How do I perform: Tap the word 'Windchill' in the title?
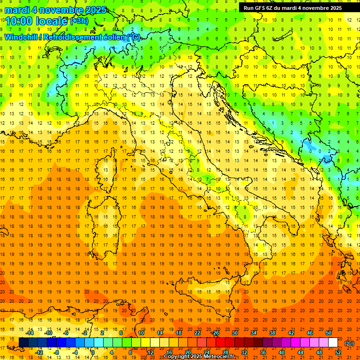[21, 37]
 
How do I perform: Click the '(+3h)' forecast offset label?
[79, 21]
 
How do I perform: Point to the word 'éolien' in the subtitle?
[112, 37]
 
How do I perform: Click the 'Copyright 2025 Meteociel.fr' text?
[199, 357]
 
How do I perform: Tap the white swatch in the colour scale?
[333, 343]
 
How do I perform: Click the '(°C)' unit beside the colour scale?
[349, 343]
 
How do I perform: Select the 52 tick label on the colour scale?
[338, 352]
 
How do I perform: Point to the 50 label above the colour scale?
[329, 333]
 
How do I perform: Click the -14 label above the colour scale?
[30, 333]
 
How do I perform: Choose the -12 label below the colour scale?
[39, 352]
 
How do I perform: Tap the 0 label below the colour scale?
[93, 352]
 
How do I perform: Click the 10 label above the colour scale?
[141, 333]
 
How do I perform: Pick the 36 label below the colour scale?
[263, 352]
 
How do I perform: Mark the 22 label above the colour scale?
[197, 333]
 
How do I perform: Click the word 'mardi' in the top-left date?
[17, 10]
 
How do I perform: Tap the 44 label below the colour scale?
[300, 352]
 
